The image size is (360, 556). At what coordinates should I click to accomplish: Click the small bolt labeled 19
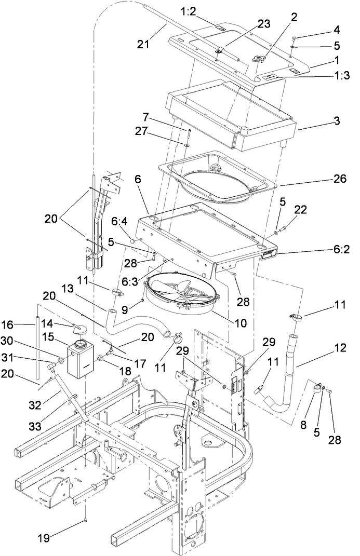[x=85, y=522]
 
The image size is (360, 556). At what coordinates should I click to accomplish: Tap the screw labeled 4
[x=294, y=38]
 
